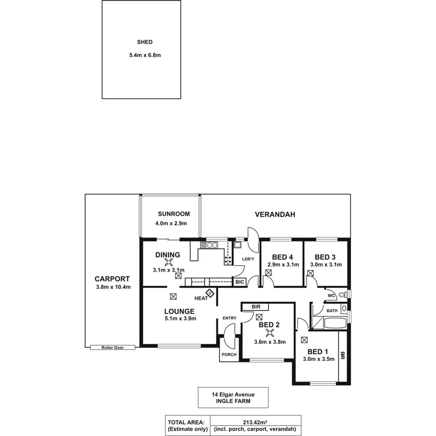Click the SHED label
(141, 42)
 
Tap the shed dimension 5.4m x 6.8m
(145, 55)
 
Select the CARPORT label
(112, 278)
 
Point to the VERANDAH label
(275, 215)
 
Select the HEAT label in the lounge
(201, 298)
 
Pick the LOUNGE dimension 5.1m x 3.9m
(180, 319)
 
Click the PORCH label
(229, 355)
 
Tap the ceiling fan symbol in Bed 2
(269, 333)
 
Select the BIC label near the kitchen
(240, 282)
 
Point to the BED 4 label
(283, 257)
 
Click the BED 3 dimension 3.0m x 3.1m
(326, 265)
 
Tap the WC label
(331, 295)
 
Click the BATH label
(332, 311)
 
